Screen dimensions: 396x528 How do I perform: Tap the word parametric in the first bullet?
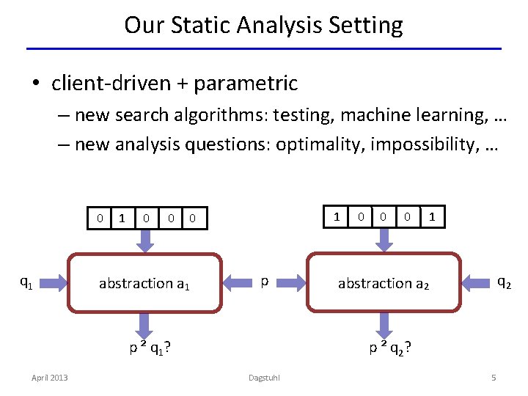coord(246,84)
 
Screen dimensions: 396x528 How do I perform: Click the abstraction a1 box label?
coord(144,284)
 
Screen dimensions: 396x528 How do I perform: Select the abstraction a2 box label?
coord(383,284)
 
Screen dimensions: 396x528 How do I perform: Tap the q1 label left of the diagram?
coord(25,281)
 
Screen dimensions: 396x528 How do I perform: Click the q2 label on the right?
coord(505,281)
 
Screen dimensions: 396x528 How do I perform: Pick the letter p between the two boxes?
coord(265,281)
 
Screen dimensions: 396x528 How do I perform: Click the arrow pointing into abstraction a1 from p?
coord(238,280)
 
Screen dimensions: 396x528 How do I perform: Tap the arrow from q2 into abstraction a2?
coord(477,280)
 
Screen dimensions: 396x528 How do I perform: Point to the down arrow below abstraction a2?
coord(382,323)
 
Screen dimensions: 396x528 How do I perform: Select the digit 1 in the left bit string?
coord(122,218)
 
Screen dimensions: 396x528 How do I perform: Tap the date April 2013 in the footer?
coord(49,377)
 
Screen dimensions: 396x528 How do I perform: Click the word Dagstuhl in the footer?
coord(265,378)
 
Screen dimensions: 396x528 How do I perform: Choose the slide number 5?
coord(494,377)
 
